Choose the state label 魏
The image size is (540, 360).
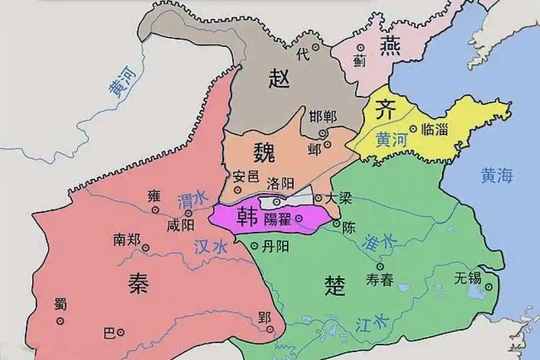click(x=264, y=151)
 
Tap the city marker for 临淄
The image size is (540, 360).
click(x=413, y=128)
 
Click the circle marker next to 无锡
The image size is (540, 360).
click(x=489, y=287)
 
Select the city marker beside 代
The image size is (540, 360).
click(x=316, y=47)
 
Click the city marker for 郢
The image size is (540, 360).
click(x=271, y=330)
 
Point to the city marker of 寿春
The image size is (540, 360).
click(x=380, y=266)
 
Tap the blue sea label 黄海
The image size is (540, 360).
click(x=497, y=176)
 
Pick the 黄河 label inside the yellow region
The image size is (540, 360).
click(x=391, y=139)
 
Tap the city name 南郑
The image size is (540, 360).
click(x=127, y=239)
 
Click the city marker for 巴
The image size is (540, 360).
click(x=120, y=332)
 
